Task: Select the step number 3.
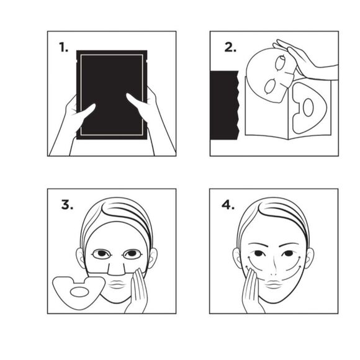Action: click(x=64, y=205)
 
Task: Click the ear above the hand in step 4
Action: click(x=238, y=257)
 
